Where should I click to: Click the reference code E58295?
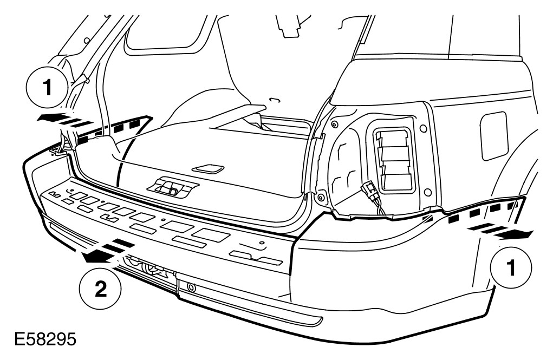click(x=38, y=343)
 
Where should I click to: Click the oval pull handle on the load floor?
click(x=209, y=168)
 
